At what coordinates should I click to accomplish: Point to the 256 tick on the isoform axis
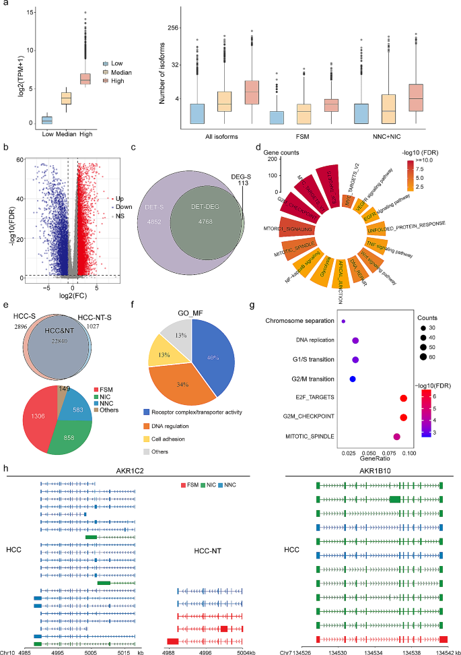(174, 28)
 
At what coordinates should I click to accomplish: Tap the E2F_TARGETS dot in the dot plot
(402, 400)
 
